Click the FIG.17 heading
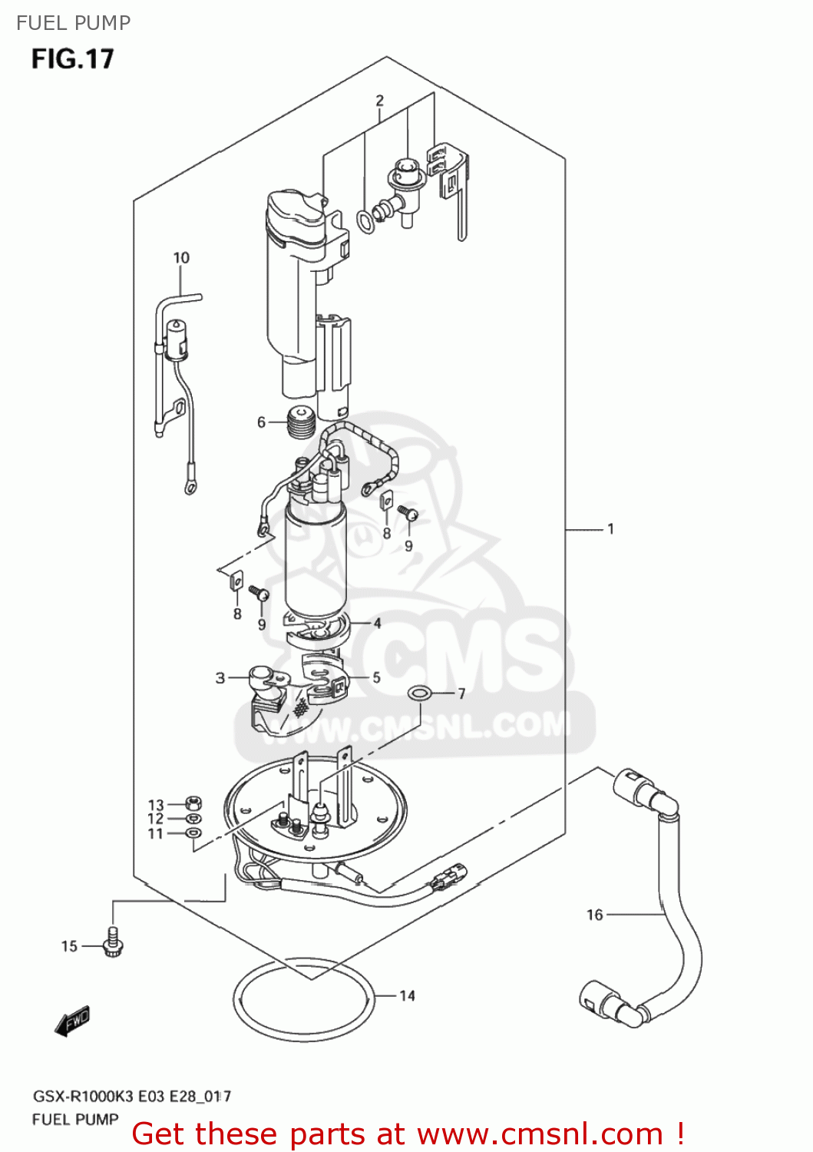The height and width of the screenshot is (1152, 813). click(x=72, y=59)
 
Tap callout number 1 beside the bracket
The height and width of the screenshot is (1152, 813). click(x=610, y=528)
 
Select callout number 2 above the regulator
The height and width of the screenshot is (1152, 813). click(x=379, y=101)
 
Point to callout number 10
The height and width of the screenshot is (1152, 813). click(x=181, y=258)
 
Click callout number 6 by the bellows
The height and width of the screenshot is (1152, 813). click(x=261, y=422)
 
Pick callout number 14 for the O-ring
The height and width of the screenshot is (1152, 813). click(x=407, y=995)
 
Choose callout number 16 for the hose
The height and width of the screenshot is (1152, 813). click(x=595, y=914)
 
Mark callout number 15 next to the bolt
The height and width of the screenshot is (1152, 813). click(x=69, y=946)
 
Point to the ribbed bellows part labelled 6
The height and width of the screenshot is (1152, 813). click(x=301, y=422)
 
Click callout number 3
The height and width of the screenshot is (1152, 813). click(x=220, y=677)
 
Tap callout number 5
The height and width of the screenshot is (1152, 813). click(x=376, y=677)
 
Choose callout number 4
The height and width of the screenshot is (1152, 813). click(x=377, y=623)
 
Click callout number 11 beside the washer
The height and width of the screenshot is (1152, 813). click(x=156, y=833)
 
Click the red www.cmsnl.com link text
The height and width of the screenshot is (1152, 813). click(x=540, y=1134)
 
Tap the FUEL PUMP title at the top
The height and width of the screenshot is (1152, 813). click(x=74, y=23)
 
